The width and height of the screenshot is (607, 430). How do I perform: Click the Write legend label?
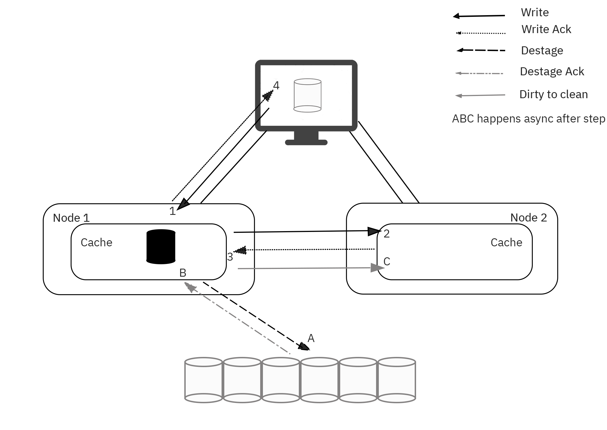pyautogui.click(x=535, y=12)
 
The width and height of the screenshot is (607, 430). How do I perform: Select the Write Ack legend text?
pyautogui.click(x=546, y=29)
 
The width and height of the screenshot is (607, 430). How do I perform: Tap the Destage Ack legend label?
pyautogui.click(x=552, y=71)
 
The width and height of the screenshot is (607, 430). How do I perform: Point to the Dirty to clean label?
pyautogui.click(x=553, y=94)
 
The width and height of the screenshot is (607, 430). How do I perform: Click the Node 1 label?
pyautogui.click(x=71, y=218)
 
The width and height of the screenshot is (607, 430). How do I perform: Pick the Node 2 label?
pyautogui.click(x=528, y=218)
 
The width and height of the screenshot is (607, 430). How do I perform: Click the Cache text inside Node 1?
pyautogui.click(x=96, y=242)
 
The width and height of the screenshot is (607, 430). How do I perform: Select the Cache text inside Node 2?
pyautogui.click(x=506, y=242)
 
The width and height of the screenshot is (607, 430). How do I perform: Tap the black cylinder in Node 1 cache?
pyautogui.click(x=161, y=247)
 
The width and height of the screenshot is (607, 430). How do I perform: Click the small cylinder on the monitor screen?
pyautogui.click(x=307, y=95)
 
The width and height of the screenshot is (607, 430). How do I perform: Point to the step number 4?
pyautogui.click(x=276, y=86)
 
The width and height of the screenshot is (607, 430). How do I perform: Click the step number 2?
pyautogui.click(x=387, y=234)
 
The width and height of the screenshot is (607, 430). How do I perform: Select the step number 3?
pyautogui.click(x=230, y=257)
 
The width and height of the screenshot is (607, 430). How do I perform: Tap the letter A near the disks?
pyautogui.click(x=311, y=338)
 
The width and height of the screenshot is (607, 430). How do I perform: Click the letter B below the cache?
pyautogui.click(x=183, y=273)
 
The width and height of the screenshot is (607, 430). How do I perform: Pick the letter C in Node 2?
pyautogui.click(x=387, y=261)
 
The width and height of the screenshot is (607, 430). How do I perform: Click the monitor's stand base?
pyautogui.click(x=306, y=142)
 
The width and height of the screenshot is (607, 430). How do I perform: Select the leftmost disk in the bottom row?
pyautogui.click(x=204, y=380)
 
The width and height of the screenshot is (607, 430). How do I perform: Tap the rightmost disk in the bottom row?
pyautogui.click(x=396, y=380)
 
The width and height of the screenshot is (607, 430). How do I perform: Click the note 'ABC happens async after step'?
pyautogui.click(x=528, y=119)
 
